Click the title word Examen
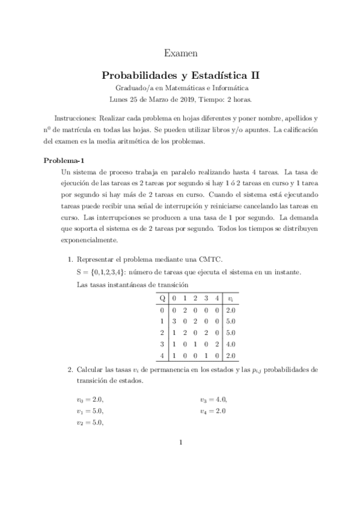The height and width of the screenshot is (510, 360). pos(180,54)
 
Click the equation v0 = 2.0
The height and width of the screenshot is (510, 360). pos(95,399)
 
